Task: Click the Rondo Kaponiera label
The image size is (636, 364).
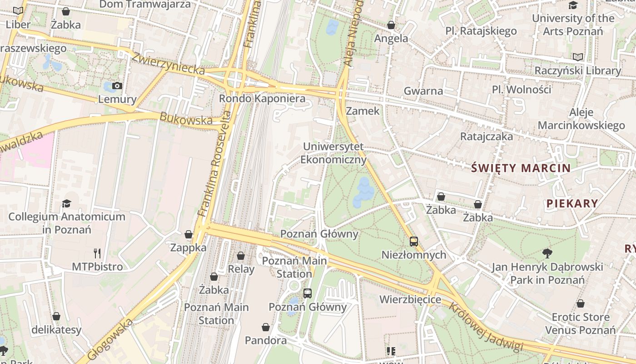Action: pyautogui.click(x=262, y=98)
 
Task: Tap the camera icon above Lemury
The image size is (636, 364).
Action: pyautogui.click(x=117, y=86)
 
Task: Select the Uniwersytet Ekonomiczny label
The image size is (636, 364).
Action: pyautogui.click(x=333, y=153)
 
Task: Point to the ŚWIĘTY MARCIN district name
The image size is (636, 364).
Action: pyautogui.click(x=521, y=168)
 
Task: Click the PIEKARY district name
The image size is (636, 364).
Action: pyautogui.click(x=572, y=203)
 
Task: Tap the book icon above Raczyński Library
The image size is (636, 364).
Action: pyautogui.click(x=577, y=57)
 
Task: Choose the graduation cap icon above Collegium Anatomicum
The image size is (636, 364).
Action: pyautogui.click(x=67, y=203)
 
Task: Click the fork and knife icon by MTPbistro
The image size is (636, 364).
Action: pyautogui.click(x=97, y=253)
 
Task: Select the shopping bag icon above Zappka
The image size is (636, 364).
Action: pyautogui.click(x=189, y=235)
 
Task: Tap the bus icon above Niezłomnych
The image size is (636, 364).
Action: pyautogui.click(x=413, y=242)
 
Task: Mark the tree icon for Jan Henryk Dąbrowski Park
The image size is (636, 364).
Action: pyautogui.click(x=547, y=253)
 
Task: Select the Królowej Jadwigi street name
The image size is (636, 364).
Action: pyautogui.click(x=486, y=327)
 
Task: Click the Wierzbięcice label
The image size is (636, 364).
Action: pyautogui.click(x=410, y=299)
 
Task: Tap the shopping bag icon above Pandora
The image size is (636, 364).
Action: pyautogui.click(x=266, y=327)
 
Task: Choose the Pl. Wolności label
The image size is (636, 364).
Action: pyautogui.click(x=522, y=89)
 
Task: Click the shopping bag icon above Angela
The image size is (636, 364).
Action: pyautogui.click(x=391, y=25)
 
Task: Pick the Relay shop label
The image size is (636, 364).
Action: pyautogui.click(x=241, y=269)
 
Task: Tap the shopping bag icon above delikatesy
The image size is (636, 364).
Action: pyautogui.click(x=56, y=316)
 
